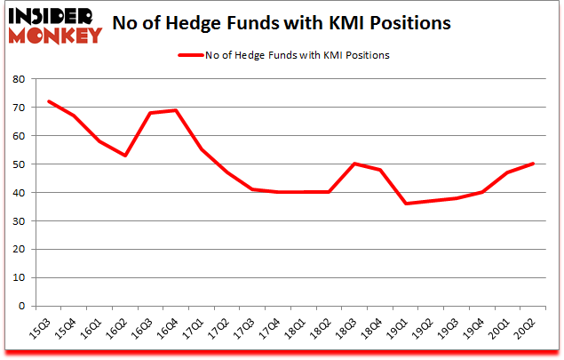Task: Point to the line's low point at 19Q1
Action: coord(407,204)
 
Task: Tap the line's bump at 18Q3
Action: coord(355,164)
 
